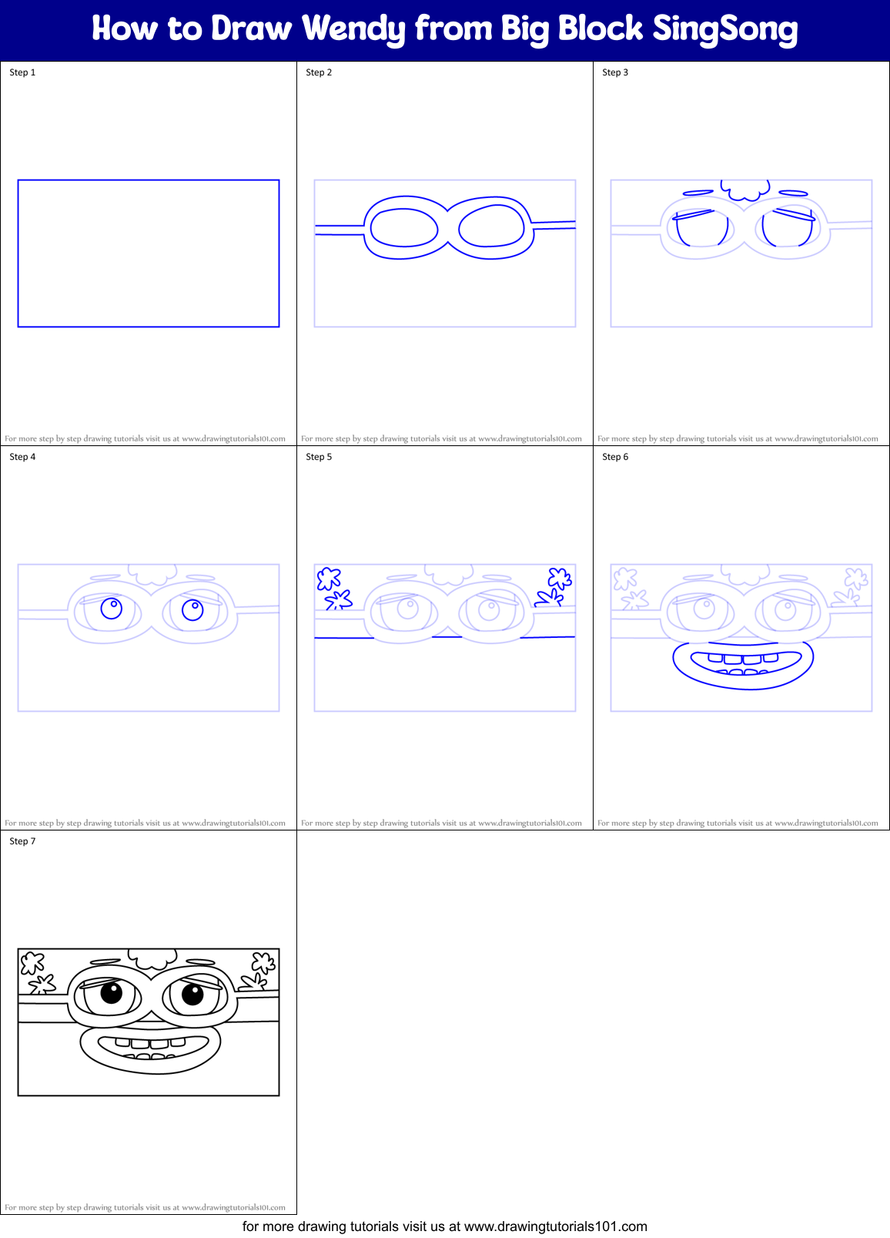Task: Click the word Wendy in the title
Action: tap(353, 29)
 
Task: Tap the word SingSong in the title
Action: tap(725, 29)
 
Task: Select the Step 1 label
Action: tap(22, 72)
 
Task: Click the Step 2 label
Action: tap(319, 72)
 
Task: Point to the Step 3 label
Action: tap(615, 72)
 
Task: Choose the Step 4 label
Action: tap(22, 457)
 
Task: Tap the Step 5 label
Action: tap(319, 457)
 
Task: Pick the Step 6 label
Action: tap(615, 457)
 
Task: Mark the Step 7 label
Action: tap(22, 841)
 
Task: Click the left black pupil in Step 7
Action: tap(112, 992)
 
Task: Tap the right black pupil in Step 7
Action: tap(192, 994)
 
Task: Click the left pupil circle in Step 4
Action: tap(112, 609)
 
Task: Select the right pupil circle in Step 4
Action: tap(192, 610)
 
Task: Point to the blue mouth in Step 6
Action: tap(743, 664)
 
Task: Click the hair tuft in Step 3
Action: tap(745, 189)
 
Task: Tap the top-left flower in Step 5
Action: tap(329, 578)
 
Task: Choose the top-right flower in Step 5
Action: tap(559, 578)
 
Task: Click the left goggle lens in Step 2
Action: tap(404, 227)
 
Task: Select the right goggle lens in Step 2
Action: tap(491, 227)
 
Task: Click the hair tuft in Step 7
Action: tap(152, 958)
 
